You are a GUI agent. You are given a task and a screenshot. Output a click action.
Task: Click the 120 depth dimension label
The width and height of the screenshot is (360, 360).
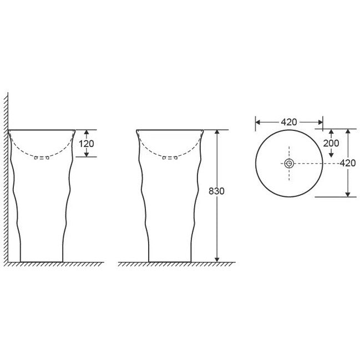coord(87,144)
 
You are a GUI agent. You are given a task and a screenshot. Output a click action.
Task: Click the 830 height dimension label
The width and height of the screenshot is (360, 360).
coord(216,191)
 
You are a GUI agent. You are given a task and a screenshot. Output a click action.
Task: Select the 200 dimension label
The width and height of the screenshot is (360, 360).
coord(331,143)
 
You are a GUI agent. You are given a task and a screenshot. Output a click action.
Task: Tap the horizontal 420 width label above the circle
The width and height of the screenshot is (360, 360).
coord(289,122)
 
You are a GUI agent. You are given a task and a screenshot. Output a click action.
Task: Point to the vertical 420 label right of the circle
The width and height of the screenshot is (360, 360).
coord(348,163)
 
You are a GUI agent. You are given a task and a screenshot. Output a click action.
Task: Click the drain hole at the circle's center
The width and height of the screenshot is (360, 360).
coord(289,164)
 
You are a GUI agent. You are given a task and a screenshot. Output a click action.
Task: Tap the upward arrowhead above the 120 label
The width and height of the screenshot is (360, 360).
coord(87,132)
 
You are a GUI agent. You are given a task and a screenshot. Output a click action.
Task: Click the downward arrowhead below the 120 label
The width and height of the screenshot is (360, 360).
coord(87,155)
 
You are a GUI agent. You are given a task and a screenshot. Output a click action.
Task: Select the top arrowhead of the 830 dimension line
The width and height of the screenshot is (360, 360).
coord(217,132)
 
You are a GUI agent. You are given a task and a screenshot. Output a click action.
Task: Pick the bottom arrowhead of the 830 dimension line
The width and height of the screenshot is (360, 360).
coord(217,260)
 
